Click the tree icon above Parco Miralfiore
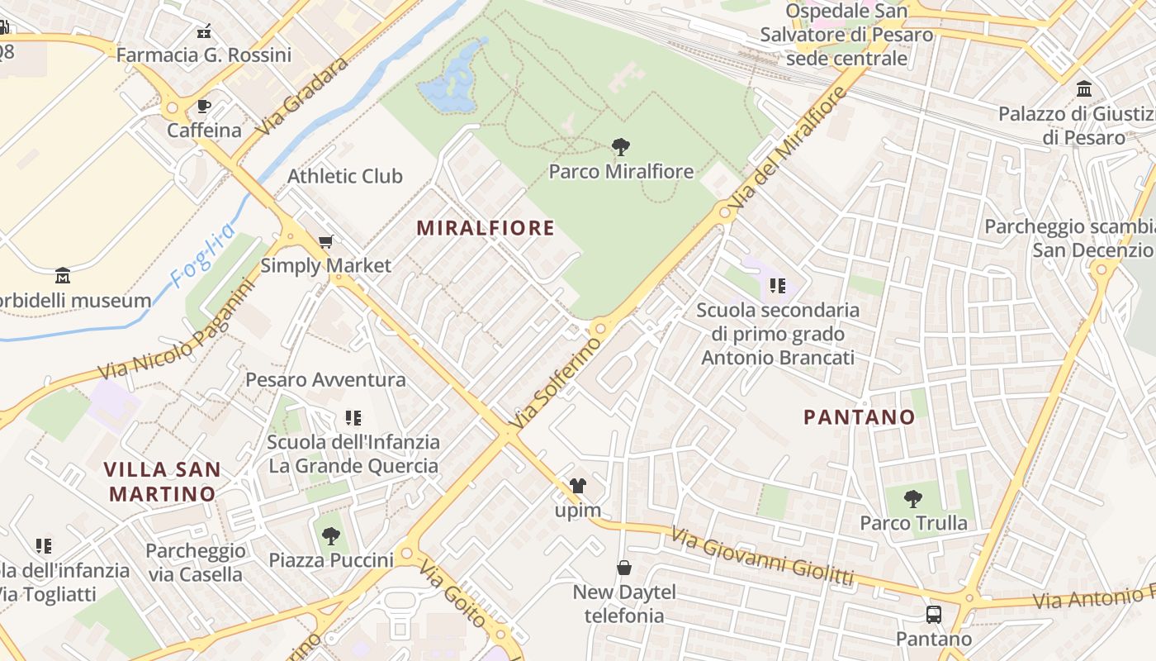point(621,147)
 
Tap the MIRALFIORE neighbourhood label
point(486,228)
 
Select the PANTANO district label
point(860,417)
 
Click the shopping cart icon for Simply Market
point(325,242)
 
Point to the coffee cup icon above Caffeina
point(204,107)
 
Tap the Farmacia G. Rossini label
point(204,55)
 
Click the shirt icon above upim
point(578,486)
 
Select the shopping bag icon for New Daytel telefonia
point(624,568)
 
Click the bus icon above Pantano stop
point(933,615)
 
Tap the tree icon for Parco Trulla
point(912,498)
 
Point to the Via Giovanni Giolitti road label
point(762,558)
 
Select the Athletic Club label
point(345,176)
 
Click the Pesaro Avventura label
point(326,380)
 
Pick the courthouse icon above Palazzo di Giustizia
point(1084,88)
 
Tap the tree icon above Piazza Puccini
point(331,535)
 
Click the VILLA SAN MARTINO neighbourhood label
point(163,482)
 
